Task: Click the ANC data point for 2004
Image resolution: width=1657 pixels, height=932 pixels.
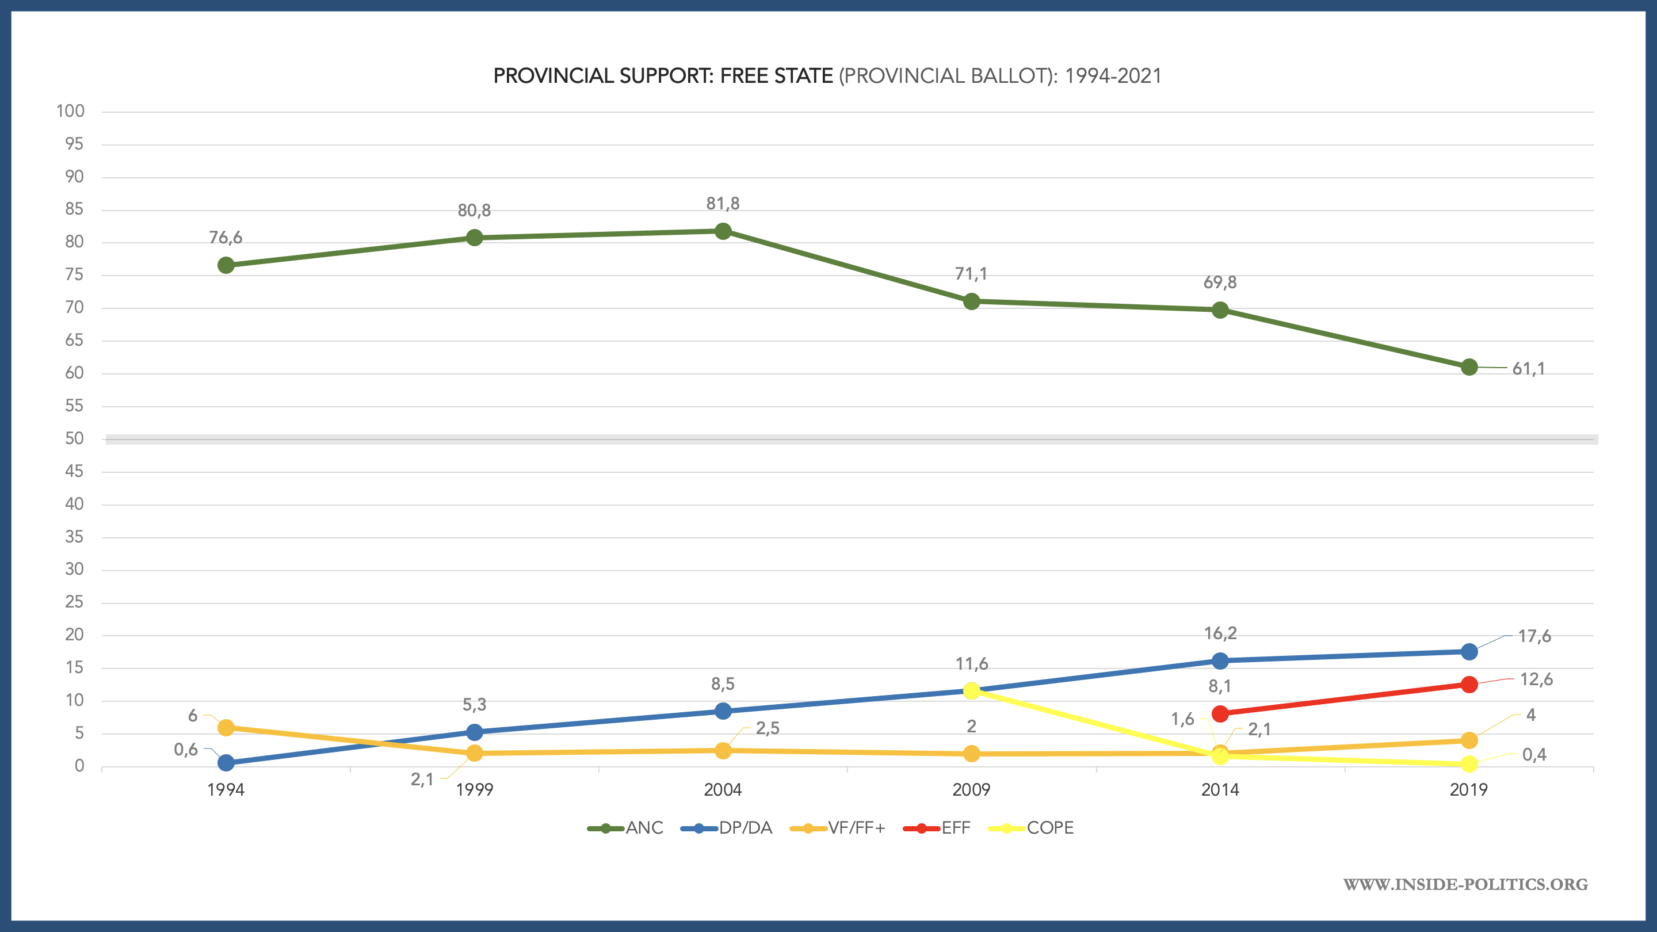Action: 723,231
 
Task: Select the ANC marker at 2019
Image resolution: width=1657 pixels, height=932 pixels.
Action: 1469,367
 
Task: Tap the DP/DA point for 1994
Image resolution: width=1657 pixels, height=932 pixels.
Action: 226,763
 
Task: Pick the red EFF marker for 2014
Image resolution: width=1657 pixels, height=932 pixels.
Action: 1220,713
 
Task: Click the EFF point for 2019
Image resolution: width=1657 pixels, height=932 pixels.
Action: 1469,685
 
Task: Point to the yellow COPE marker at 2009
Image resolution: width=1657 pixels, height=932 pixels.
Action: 971,691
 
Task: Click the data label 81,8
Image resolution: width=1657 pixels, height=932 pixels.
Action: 723,204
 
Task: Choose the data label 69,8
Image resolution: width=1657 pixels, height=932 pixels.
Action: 1220,282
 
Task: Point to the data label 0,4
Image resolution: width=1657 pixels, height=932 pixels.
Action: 1534,754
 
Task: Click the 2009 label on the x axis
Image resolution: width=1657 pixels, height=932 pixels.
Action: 971,789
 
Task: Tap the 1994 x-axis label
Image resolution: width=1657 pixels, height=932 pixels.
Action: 226,789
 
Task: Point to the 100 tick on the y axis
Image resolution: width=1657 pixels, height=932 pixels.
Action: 71,111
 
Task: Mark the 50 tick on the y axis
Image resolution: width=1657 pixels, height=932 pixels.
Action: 75,438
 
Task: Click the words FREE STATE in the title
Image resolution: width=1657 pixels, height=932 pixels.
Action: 776,76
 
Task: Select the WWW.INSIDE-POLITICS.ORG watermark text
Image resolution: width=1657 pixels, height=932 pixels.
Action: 1465,884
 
